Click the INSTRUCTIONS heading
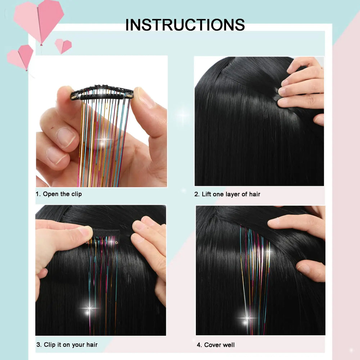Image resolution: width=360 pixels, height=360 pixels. click(x=185, y=24)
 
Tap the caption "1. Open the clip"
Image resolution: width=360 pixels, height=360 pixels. click(x=59, y=194)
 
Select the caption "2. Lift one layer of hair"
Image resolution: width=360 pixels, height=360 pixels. click(x=227, y=194)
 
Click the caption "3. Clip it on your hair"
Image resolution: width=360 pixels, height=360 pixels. click(x=67, y=345)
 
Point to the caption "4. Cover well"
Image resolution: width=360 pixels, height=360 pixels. click(x=216, y=345)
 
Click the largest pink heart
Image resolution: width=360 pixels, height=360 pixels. click(x=39, y=18)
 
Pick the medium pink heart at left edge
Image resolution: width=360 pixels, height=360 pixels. click(x=21, y=57)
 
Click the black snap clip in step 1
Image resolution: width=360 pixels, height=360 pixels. click(x=102, y=93)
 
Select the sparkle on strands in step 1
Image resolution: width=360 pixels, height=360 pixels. click(x=104, y=140)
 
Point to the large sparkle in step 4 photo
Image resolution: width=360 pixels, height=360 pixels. click(x=247, y=318)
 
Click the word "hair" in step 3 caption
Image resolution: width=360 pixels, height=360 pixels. click(x=91, y=345)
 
